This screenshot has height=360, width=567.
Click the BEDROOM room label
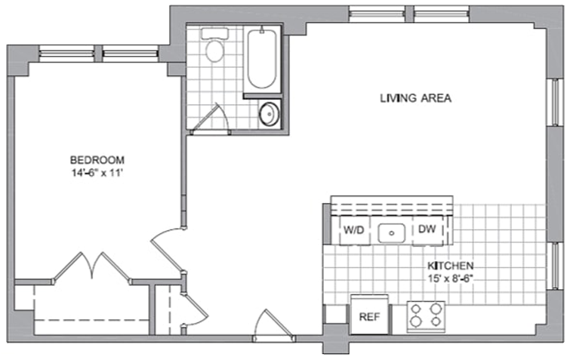click(x=97, y=160)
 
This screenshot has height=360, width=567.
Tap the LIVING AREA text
click(x=415, y=98)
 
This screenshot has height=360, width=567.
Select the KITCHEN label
click(x=451, y=266)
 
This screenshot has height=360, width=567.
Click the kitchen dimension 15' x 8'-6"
click(x=451, y=278)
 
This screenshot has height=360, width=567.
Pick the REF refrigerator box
click(x=369, y=315)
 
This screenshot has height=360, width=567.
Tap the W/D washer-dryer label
click(x=353, y=230)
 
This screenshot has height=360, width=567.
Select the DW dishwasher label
click(x=427, y=229)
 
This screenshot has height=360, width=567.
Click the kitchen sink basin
click(x=392, y=233)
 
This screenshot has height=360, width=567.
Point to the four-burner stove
click(x=426, y=315)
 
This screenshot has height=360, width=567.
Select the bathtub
click(x=262, y=59)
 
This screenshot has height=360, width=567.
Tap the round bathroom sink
click(x=270, y=114)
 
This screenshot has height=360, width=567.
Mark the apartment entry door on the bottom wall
click(x=274, y=326)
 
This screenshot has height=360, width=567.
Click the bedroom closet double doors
click(x=92, y=266)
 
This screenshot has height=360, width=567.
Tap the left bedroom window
click(x=66, y=54)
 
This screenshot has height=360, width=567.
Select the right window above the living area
click(x=442, y=14)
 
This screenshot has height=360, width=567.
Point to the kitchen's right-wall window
click(x=557, y=266)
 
